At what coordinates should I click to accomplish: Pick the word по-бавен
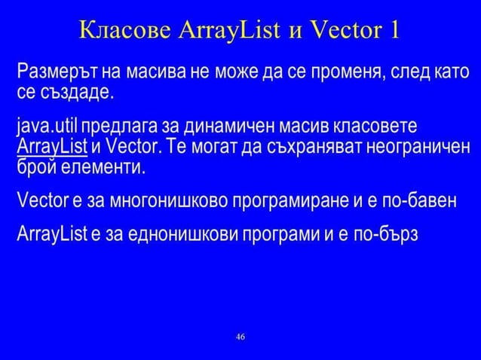coord(413,201)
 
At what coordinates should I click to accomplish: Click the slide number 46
coord(240,336)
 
